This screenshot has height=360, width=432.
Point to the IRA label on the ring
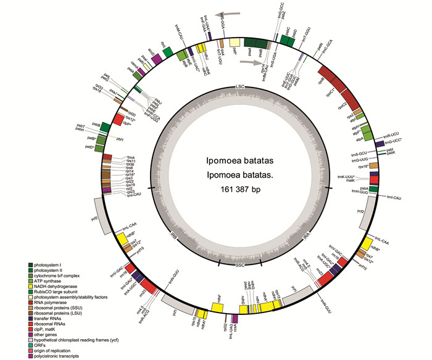[307, 235]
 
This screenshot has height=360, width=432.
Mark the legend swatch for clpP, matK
[30, 338]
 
